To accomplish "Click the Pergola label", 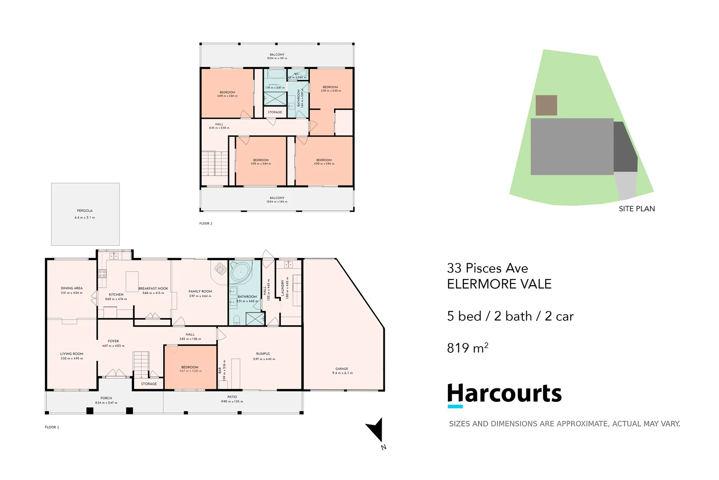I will [84, 211].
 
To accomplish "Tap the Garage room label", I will [342, 369].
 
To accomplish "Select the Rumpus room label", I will [263, 354].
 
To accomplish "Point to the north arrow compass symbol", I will [376, 430].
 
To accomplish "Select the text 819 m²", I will [467, 348].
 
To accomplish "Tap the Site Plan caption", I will [636, 209].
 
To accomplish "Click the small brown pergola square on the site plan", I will [546, 105].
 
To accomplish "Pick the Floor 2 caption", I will [205, 224].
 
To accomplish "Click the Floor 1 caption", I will [51, 427].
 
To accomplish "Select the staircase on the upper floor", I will [215, 164].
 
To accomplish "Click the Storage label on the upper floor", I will [275, 112].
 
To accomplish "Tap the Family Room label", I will [200, 292].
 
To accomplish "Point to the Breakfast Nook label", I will [153, 288].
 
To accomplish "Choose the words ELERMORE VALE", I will [499, 284].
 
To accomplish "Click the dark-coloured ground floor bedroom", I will [190, 368].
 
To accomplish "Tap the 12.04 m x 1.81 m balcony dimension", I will [277, 58].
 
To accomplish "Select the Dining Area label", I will [71, 288].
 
